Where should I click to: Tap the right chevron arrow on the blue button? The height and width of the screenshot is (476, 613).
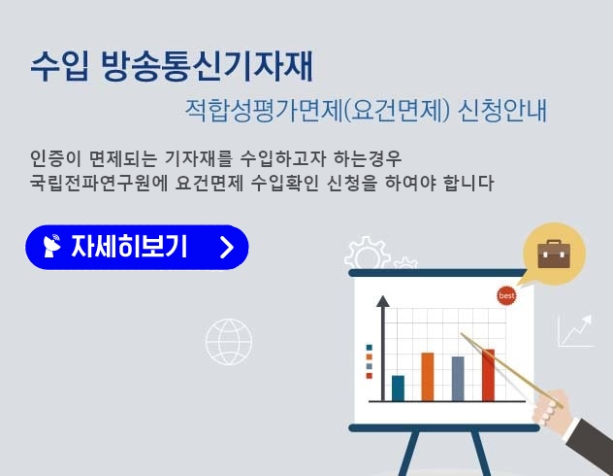(227, 247)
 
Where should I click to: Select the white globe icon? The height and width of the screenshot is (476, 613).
(229, 342)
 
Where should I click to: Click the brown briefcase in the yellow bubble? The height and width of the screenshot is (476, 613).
(554, 254)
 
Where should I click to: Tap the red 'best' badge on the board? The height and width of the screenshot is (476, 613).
(506, 294)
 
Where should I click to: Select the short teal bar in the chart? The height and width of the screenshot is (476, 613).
(398, 388)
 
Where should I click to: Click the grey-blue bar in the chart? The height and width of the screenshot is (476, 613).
(458, 378)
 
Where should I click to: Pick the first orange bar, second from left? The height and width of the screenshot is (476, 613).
(428, 376)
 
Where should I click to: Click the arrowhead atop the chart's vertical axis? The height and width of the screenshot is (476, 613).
(382, 301)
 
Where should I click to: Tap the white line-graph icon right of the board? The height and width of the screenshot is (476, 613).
(574, 331)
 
